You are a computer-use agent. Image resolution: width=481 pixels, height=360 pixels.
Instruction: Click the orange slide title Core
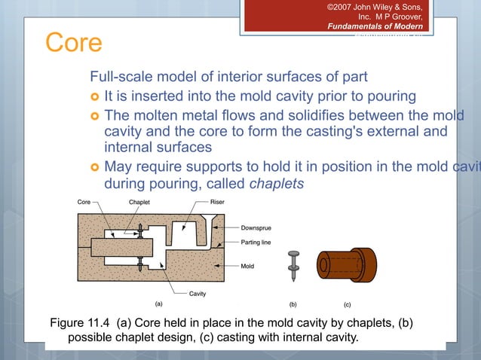coord(73,43)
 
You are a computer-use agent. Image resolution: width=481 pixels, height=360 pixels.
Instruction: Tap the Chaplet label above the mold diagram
coord(139,203)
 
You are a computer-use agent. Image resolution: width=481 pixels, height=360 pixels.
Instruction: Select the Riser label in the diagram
coord(216,203)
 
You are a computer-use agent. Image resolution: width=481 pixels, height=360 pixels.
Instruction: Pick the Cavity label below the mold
coord(198,293)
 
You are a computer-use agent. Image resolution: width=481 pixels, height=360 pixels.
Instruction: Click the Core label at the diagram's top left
coord(85,203)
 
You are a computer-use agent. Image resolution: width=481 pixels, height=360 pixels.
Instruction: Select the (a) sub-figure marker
coord(158,304)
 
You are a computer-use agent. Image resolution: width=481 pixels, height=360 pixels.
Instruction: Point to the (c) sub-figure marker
coord(348,305)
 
